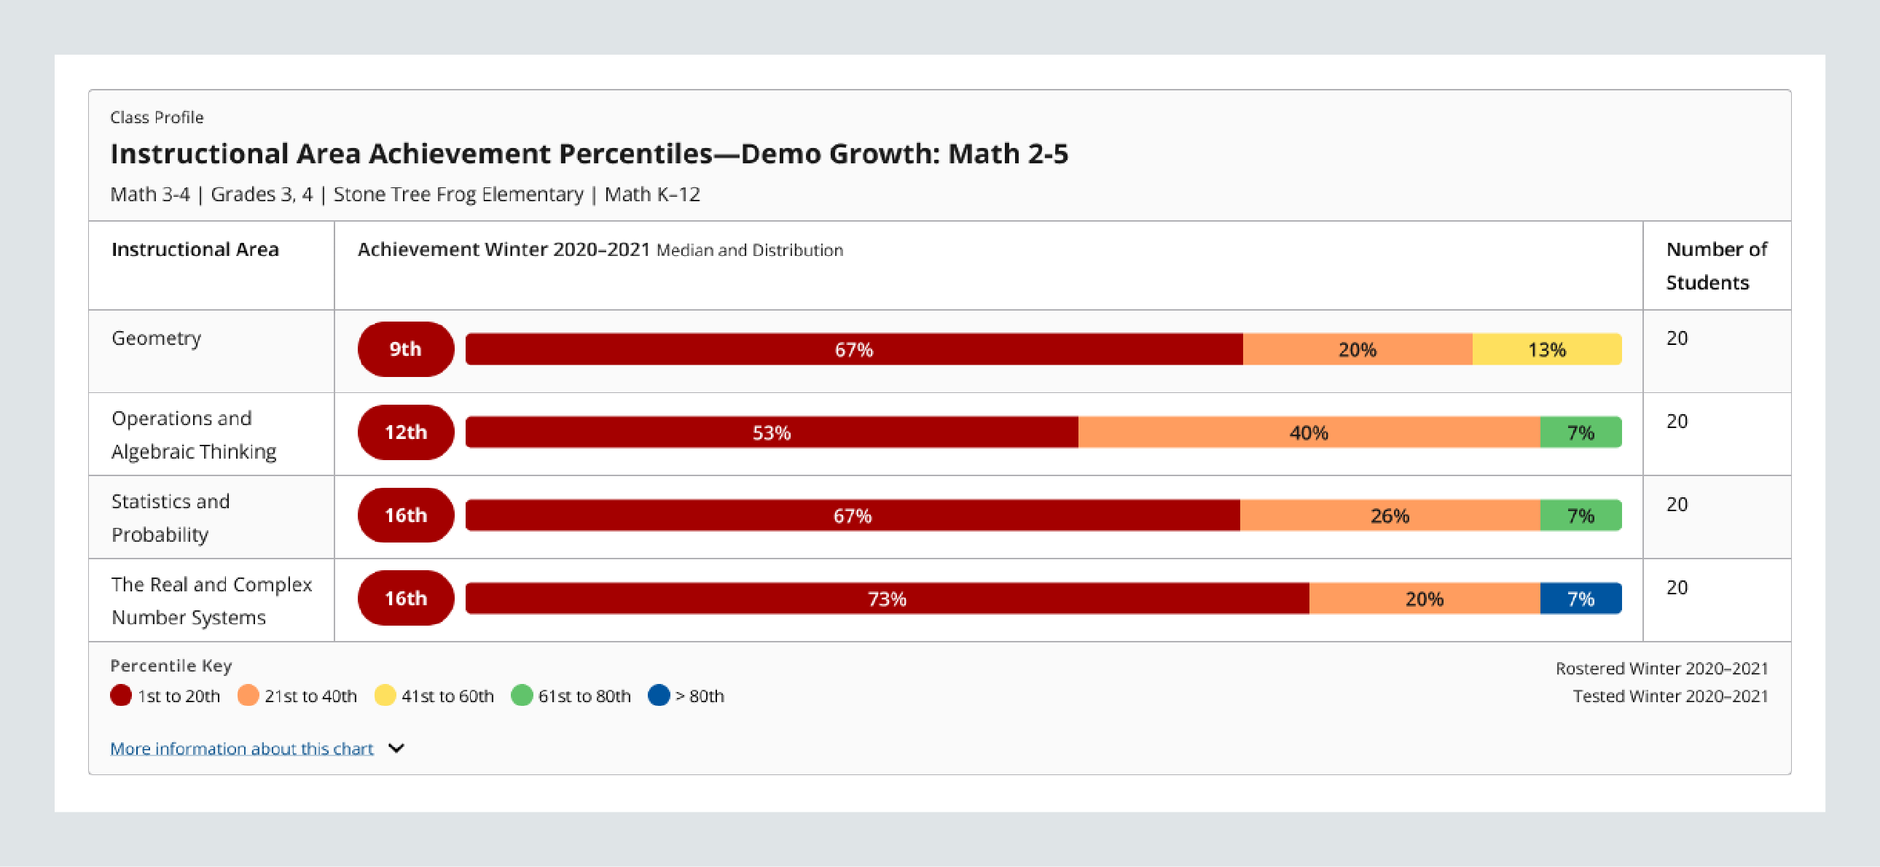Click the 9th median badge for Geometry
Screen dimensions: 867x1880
tap(405, 349)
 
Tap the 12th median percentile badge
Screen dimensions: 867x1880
tap(405, 432)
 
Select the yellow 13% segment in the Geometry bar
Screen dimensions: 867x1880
tap(1546, 349)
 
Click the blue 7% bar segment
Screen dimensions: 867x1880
tap(1580, 599)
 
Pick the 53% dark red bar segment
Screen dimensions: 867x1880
tap(772, 432)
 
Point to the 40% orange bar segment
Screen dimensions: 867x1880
tap(1309, 432)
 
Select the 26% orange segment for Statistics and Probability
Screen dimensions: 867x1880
tap(1389, 516)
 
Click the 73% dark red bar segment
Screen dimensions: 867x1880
tap(887, 599)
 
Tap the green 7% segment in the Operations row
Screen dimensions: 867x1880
tap(1580, 432)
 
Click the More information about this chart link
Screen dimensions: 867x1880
tap(242, 749)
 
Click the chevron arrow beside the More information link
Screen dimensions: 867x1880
tap(396, 749)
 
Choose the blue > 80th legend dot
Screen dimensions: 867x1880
tap(658, 696)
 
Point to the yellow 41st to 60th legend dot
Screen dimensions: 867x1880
tap(385, 696)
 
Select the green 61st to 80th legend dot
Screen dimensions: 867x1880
tap(521, 696)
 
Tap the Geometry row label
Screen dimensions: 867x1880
tap(156, 338)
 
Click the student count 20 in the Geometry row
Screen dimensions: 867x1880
tap(1677, 338)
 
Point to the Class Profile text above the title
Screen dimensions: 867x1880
tap(157, 117)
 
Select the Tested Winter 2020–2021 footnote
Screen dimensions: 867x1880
tap(1670, 696)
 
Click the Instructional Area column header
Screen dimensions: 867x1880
tap(195, 249)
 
